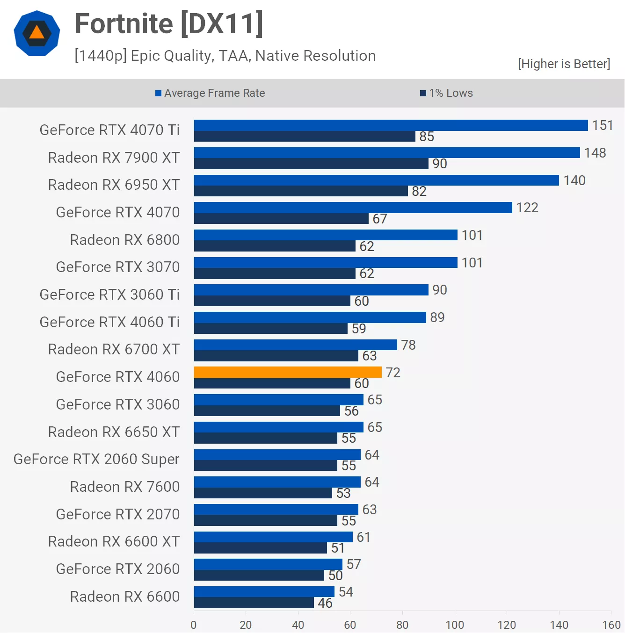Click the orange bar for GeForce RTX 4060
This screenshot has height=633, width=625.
(288, 372)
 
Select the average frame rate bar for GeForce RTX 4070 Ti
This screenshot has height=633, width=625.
(391, 125)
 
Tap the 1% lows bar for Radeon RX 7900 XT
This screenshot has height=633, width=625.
(311, 164)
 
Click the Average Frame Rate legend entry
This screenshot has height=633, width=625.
(210, 93)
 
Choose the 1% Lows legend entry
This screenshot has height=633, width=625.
(447, 93)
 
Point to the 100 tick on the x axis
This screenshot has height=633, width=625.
(455, 625)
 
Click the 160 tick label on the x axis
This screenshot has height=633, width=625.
(611, 625)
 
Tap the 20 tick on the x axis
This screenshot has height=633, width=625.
(246, 625)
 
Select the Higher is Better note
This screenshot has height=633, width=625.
(564, 64)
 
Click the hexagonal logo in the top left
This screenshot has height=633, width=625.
(37, 33)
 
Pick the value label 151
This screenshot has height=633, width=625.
(603, 125)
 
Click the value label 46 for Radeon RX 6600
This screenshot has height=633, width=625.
(325, 603)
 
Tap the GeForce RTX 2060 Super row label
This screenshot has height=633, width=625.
(96, 459)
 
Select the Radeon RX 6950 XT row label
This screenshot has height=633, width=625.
(114, 185)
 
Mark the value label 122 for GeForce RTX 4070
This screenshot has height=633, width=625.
(527, 208)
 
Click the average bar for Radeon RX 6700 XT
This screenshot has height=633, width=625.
(295, 345)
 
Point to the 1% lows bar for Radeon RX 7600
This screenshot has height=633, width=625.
(263, 493)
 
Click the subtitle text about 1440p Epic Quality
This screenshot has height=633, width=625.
(225, 56)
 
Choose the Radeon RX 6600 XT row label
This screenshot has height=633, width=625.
(114, 541)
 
